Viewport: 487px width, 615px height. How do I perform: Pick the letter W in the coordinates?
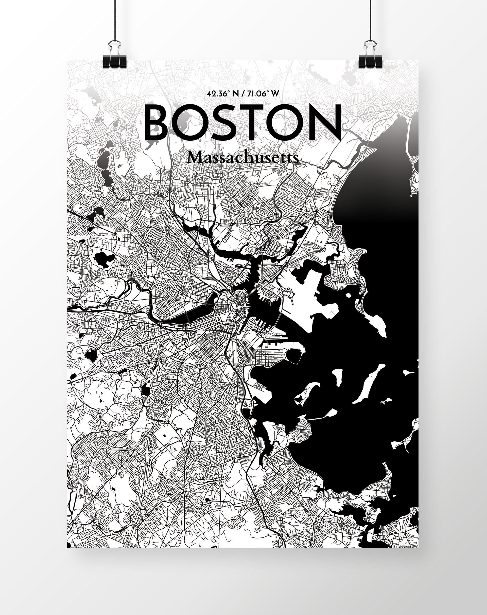(274, 94)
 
